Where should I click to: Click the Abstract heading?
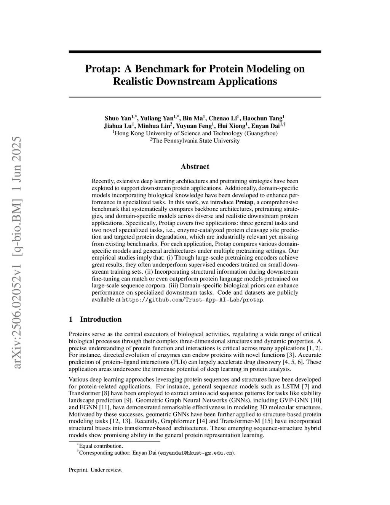coord(195,167)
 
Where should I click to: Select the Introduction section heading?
coord(101,319)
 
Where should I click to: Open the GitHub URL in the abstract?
coord(192,300)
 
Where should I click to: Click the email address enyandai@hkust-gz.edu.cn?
coord(196,453)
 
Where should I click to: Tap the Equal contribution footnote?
coord(101,446)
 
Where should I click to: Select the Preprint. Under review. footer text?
coord(96,470)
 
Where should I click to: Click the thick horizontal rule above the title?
coord(195,52)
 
